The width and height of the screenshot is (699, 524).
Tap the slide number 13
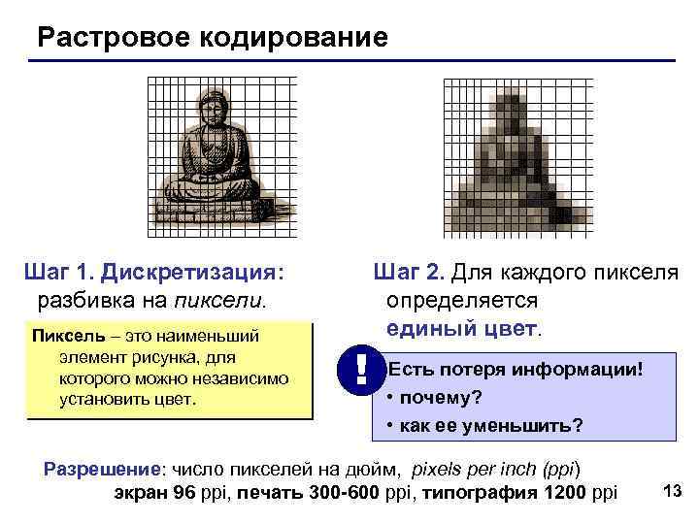(x=671, y=491)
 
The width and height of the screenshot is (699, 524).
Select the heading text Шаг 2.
(x=411, y=272)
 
